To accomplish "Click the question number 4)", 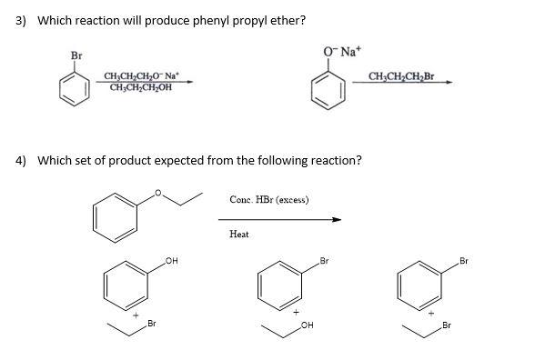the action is click(x=24, y=160).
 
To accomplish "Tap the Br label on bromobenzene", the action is click(x=76, y=56).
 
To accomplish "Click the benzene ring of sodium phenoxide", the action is click(x=328, y=88).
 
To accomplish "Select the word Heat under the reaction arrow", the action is click(x=238, y=235).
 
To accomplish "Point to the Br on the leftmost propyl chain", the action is click(x=152, y=324).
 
